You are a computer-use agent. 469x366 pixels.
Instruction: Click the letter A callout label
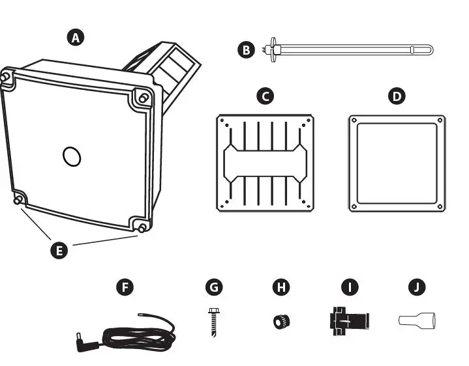coord(76,37)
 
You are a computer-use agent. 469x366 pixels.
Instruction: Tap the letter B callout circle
coord(245,49)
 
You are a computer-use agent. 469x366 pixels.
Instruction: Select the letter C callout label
coord(264,96)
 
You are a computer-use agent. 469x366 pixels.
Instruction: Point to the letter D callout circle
coord(396,96)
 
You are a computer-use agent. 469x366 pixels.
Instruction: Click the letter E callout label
coord(59,249)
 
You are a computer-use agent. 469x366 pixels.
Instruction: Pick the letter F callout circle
coord(124,287)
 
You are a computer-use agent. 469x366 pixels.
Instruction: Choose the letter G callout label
coord(213,287)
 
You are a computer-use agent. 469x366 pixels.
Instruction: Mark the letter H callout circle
coord(280,287)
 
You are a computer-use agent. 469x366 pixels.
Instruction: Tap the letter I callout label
coord(350,287)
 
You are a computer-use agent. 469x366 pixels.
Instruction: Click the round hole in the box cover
coord(71,156)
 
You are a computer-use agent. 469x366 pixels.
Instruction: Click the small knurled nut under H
coord(281,320)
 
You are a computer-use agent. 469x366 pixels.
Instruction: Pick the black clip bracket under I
coord(350,320)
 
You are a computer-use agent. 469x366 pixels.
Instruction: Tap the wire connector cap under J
coord(417,320)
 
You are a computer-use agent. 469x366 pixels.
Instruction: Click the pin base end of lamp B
coord(267,49)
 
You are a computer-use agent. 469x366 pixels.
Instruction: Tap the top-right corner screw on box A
coord(142,98)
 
